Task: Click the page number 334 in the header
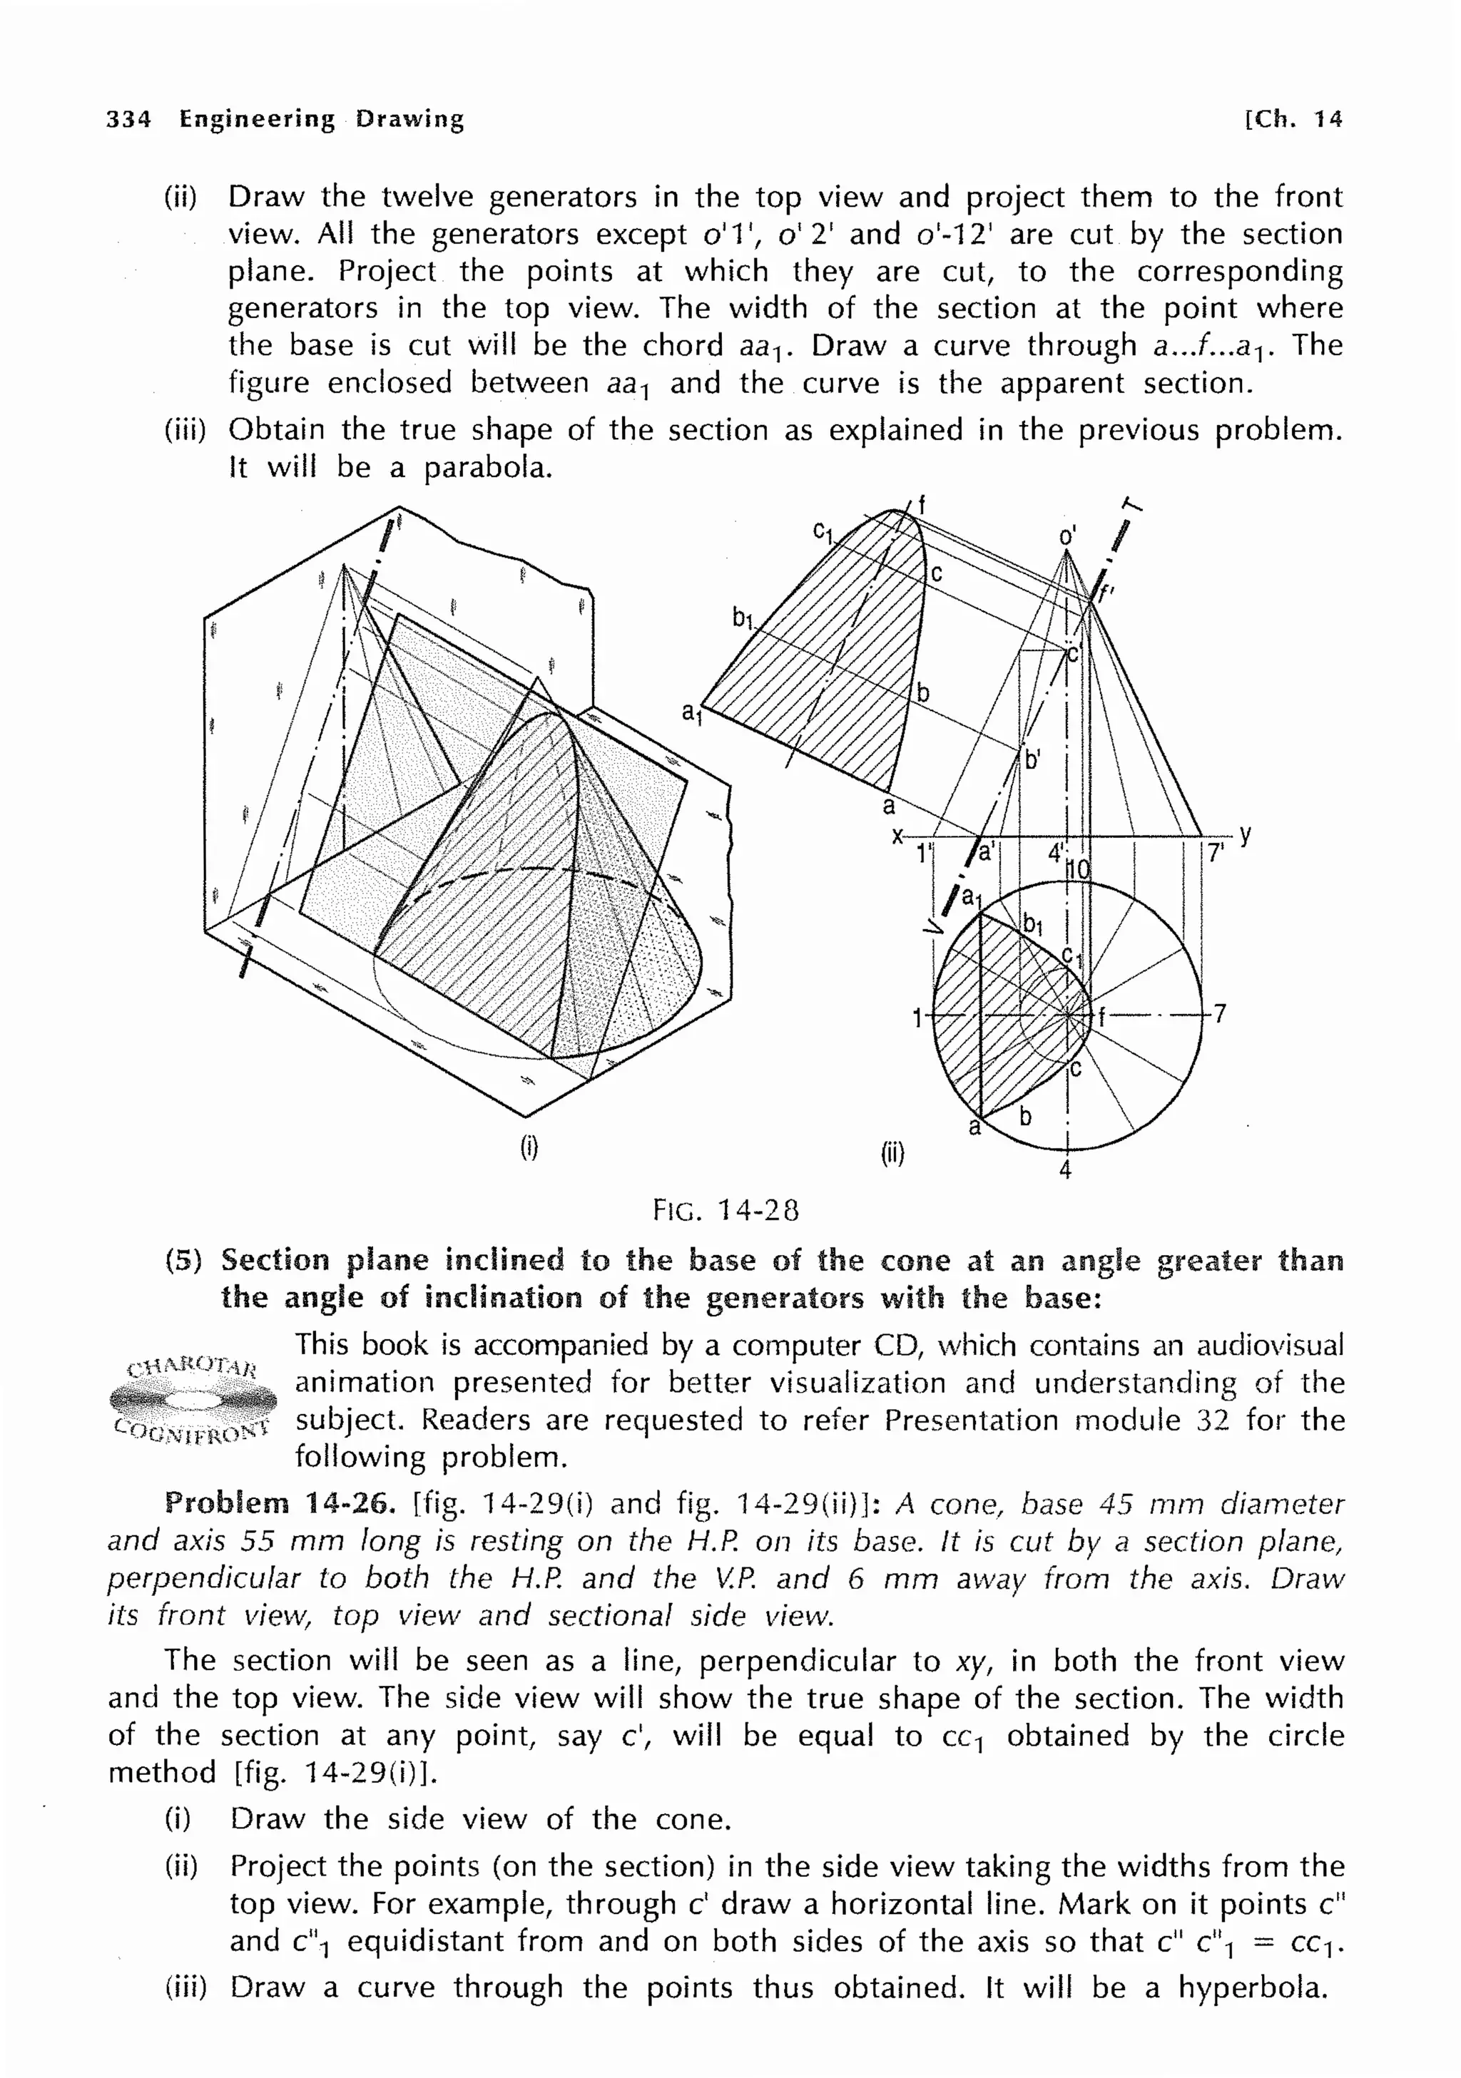(x=128, y=118)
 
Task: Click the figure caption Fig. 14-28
(x=726, y=1211)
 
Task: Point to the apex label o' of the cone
(x=1067, y=537)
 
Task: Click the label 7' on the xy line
(x=1216, y=854)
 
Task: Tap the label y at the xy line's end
(x=1246, y=834)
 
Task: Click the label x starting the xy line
(x=896, y=835)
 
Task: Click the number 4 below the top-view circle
(x=1065, y=1170)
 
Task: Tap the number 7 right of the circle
(x=1219, y=1013)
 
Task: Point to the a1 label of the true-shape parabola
(x=691, y=713)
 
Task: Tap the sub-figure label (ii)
(x=892, y=1153)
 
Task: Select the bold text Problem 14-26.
(x=280, y=1503)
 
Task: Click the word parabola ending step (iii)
(x=488, y=468)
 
